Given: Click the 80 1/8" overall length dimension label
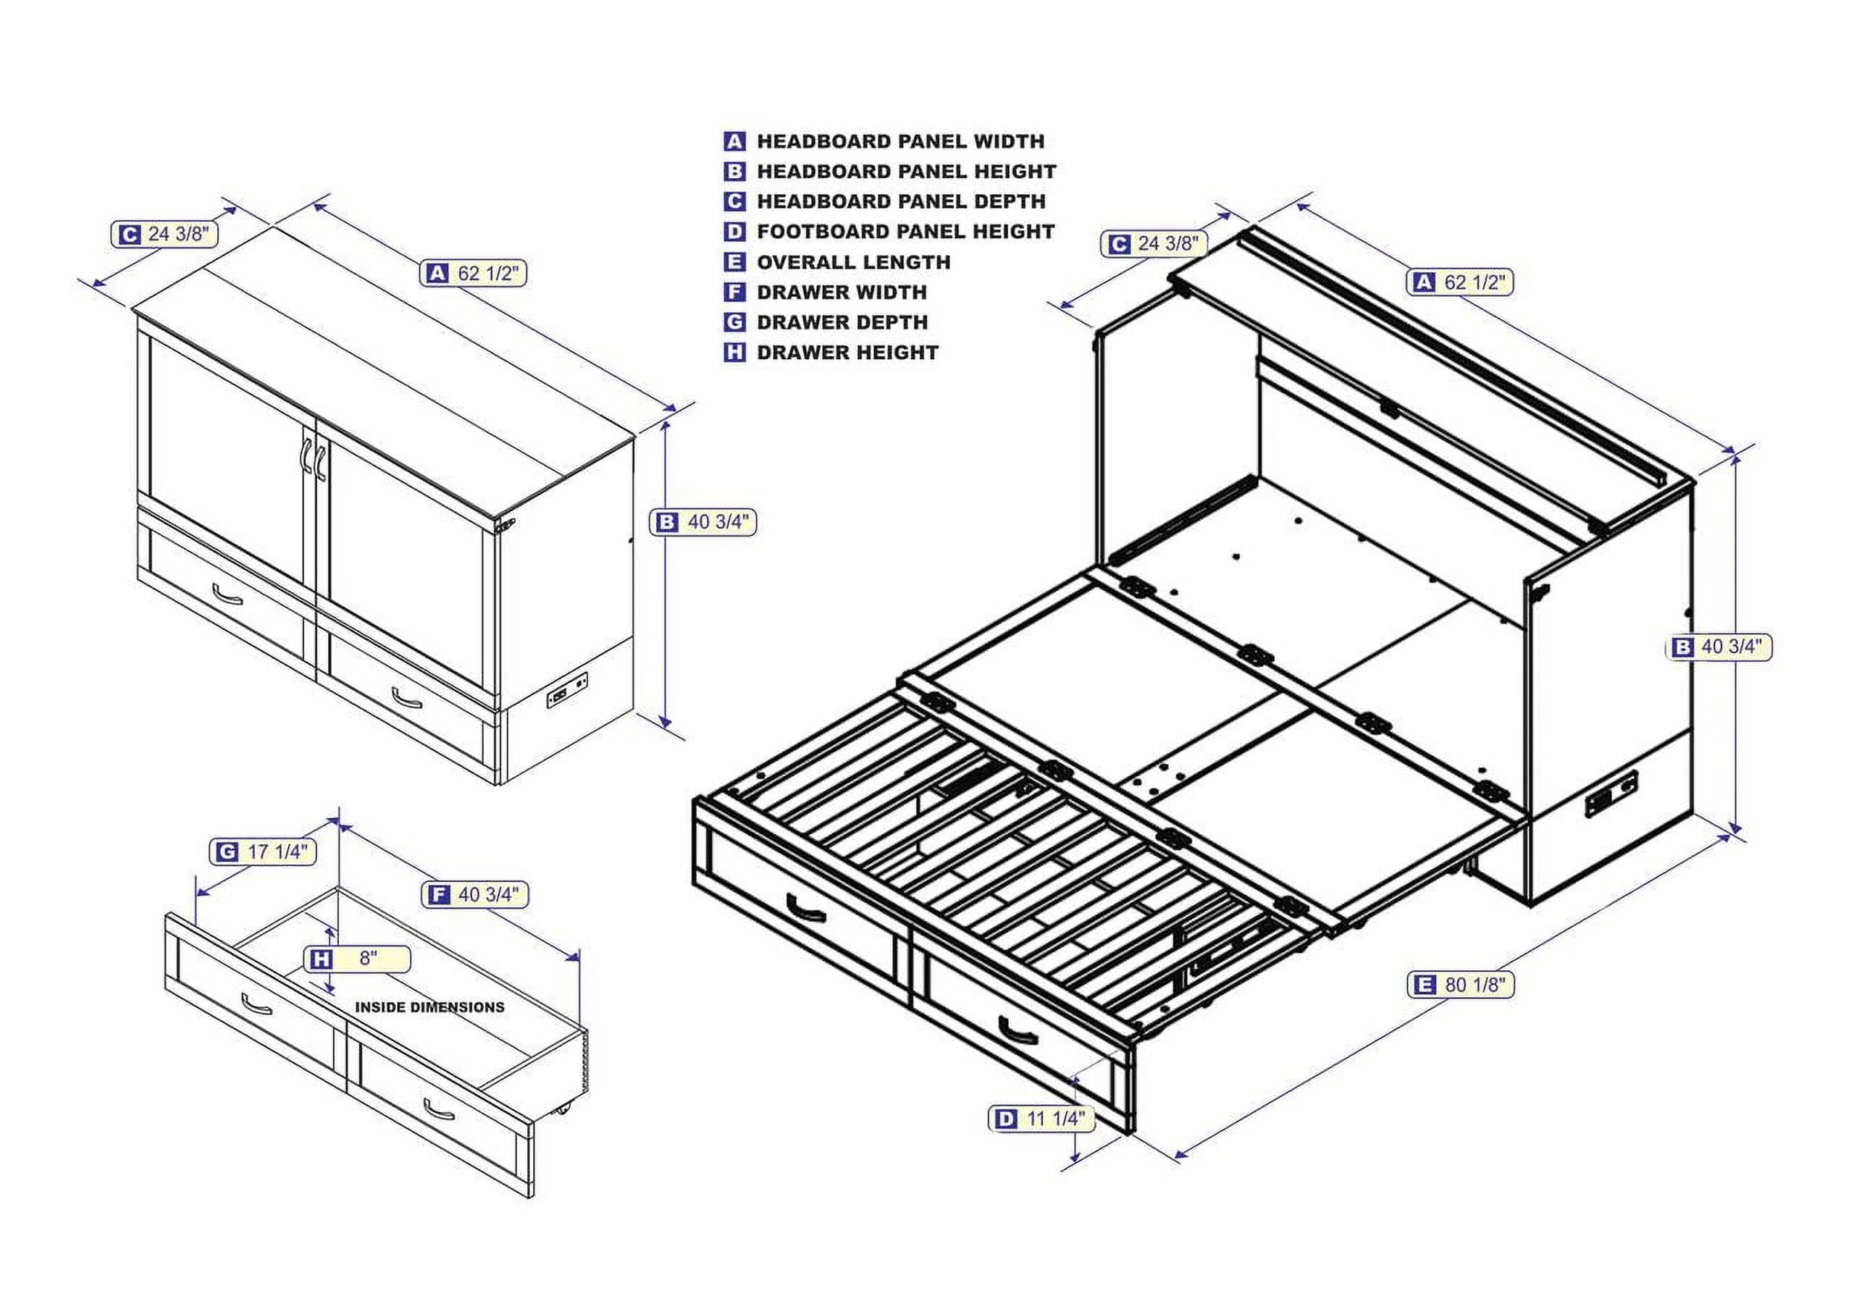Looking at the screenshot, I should pos(1460,985).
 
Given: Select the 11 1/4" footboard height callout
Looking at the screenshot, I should pos(1042,1119).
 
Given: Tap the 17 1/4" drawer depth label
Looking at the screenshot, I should pos(264,851).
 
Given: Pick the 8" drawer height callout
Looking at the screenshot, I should pos(357,959).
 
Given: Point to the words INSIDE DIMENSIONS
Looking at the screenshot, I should pos(429,1007).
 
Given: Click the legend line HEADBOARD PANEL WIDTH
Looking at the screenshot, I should pos(900,141).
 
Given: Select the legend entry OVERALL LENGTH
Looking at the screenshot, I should pos(853,263).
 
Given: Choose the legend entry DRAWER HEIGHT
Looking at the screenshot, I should pos(847,353).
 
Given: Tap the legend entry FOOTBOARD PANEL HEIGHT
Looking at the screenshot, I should pos(905,232).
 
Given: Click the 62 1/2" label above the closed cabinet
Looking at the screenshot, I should pos(474,273).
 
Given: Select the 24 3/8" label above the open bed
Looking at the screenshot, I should pos(1154,243).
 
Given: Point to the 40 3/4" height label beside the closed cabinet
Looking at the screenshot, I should pos(702,522).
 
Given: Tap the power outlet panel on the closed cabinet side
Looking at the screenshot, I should pos(568,689).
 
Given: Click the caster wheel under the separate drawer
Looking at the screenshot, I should pos(563,1111).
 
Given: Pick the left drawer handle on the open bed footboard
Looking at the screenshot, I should pos(805,908).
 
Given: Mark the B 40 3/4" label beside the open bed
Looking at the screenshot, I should pos(1719,647).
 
